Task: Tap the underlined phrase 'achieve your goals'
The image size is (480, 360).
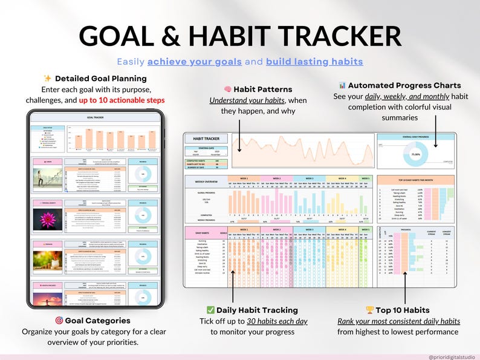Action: [x=194, y=62]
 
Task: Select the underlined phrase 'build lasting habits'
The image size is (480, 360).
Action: [x=314, y=62]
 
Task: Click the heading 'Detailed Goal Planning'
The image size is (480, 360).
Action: [x=100, y=79]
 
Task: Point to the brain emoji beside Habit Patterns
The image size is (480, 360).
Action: [x=228, y=90]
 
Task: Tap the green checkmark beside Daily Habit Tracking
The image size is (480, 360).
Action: [x=210, y=310]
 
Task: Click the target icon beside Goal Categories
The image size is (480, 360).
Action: [x=59, y=321]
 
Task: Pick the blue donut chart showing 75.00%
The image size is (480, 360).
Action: [x=415, y=154]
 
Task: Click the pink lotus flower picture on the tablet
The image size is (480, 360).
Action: [x=46, y=217]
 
